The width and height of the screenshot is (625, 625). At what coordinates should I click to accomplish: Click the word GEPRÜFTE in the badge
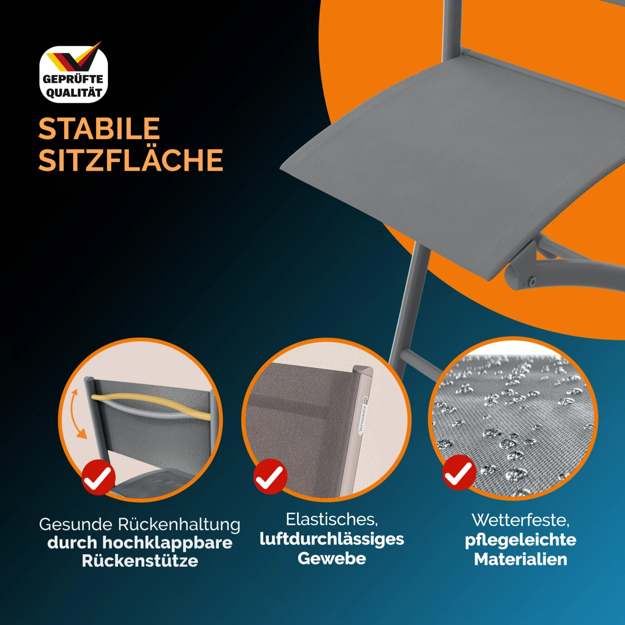[x=73, y=79]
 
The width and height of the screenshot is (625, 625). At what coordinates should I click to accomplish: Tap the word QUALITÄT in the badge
[x=74, y=93]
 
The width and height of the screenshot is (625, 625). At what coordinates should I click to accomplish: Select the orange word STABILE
[x=99, y=129]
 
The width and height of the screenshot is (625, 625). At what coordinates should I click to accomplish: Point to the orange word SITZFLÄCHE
[x=131, y=160]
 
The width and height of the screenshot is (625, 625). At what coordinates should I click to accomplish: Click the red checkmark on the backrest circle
[x=98, y=477]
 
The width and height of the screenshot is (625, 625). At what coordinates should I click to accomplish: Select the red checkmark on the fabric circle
[x=270, y=477]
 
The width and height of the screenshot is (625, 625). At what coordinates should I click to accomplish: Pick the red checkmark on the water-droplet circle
[x=459, y=472]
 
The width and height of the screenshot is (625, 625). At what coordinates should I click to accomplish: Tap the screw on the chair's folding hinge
[x=532, y=281]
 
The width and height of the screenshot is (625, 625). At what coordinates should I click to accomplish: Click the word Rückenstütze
[x=140, y=561]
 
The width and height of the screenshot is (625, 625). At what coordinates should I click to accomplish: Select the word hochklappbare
[x=167, y=542]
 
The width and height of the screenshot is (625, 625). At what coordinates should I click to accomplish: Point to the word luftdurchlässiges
[x=332, y=539]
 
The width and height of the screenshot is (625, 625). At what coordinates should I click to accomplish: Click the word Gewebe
[x=332, y=558]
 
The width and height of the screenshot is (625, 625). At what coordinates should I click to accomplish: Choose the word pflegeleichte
[x=520, y=540]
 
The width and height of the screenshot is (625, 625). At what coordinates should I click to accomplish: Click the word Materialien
[x=520, y=559]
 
